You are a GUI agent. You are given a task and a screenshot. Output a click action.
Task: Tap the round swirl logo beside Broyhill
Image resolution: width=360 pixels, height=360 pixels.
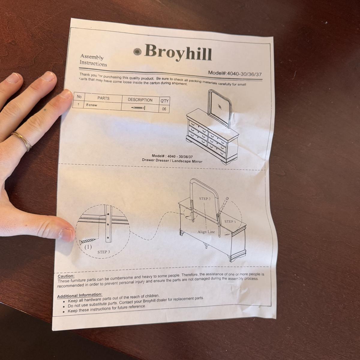tap(138, 52)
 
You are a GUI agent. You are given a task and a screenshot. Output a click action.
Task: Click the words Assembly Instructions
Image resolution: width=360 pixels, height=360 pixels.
tap(93, 60)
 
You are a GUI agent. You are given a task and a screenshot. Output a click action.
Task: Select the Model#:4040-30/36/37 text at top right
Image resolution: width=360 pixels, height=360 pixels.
tap(235, 73)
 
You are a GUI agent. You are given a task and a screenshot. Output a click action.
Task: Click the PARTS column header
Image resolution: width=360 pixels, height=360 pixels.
tap(103, 98)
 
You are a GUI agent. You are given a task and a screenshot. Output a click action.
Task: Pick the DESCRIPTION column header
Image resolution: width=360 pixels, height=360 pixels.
tap(140, 100)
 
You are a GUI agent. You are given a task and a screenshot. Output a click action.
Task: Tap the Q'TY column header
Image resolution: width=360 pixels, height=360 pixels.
tap(164, 101)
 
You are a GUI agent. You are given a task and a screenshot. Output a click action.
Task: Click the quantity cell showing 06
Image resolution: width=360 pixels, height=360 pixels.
tap(164, 109)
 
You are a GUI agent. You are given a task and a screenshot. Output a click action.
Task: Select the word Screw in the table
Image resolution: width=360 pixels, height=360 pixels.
tap(91, 105)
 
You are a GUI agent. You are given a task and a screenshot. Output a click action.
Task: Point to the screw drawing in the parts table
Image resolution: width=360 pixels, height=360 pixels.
tap(138, 108)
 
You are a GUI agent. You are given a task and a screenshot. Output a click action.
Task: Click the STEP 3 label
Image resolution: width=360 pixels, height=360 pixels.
tap(104, 252)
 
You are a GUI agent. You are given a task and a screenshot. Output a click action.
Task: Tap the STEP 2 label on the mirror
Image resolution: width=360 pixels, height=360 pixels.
tap(205, 199)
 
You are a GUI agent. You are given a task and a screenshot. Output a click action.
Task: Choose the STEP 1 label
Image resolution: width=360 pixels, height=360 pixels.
tap(230, 221)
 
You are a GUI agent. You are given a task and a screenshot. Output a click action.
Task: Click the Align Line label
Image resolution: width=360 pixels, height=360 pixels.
tap(206, 232)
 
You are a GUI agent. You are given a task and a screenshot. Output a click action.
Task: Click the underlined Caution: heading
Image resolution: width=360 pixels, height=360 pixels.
tap(66, 276)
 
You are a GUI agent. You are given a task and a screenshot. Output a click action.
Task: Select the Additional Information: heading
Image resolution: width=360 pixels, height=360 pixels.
tap(80, 295)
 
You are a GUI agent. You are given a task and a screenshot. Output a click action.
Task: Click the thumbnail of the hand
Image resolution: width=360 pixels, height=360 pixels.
tap(66, 234)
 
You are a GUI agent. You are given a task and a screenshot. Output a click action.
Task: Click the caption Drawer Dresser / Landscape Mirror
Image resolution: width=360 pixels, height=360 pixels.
tap(172, 161)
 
